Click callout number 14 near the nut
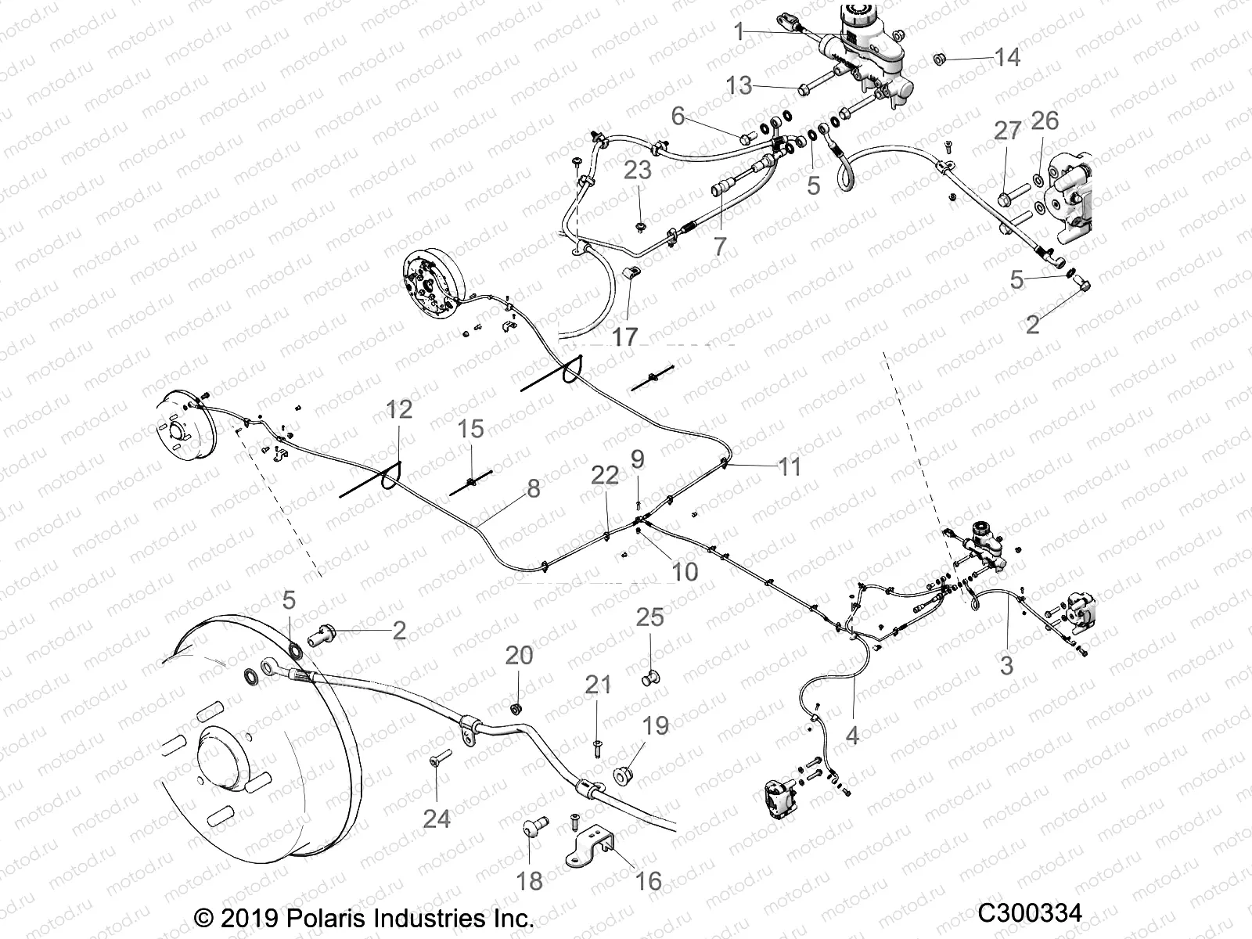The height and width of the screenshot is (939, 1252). (x=1007, y=57)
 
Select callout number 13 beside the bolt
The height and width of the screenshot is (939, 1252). (x=739, y=85)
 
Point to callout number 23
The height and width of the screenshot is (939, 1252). (x=638, y=170)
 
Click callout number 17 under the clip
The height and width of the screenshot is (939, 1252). (x=624, y=337)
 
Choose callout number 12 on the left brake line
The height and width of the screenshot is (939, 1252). (x=399, y=409)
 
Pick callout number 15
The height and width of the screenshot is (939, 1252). (x=471, y=429)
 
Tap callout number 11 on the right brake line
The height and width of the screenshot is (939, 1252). (x=790, y=466)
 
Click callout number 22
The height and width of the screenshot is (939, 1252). (x=605, y=475)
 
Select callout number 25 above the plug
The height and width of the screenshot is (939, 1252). (x=649, y=617)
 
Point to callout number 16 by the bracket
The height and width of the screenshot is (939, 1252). (x=649, y=881)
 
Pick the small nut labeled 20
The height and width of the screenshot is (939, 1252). (x=516, y=708)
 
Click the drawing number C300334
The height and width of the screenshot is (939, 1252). (x=1030, y=913)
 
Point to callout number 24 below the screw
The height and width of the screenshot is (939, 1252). (x=437, y=818)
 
